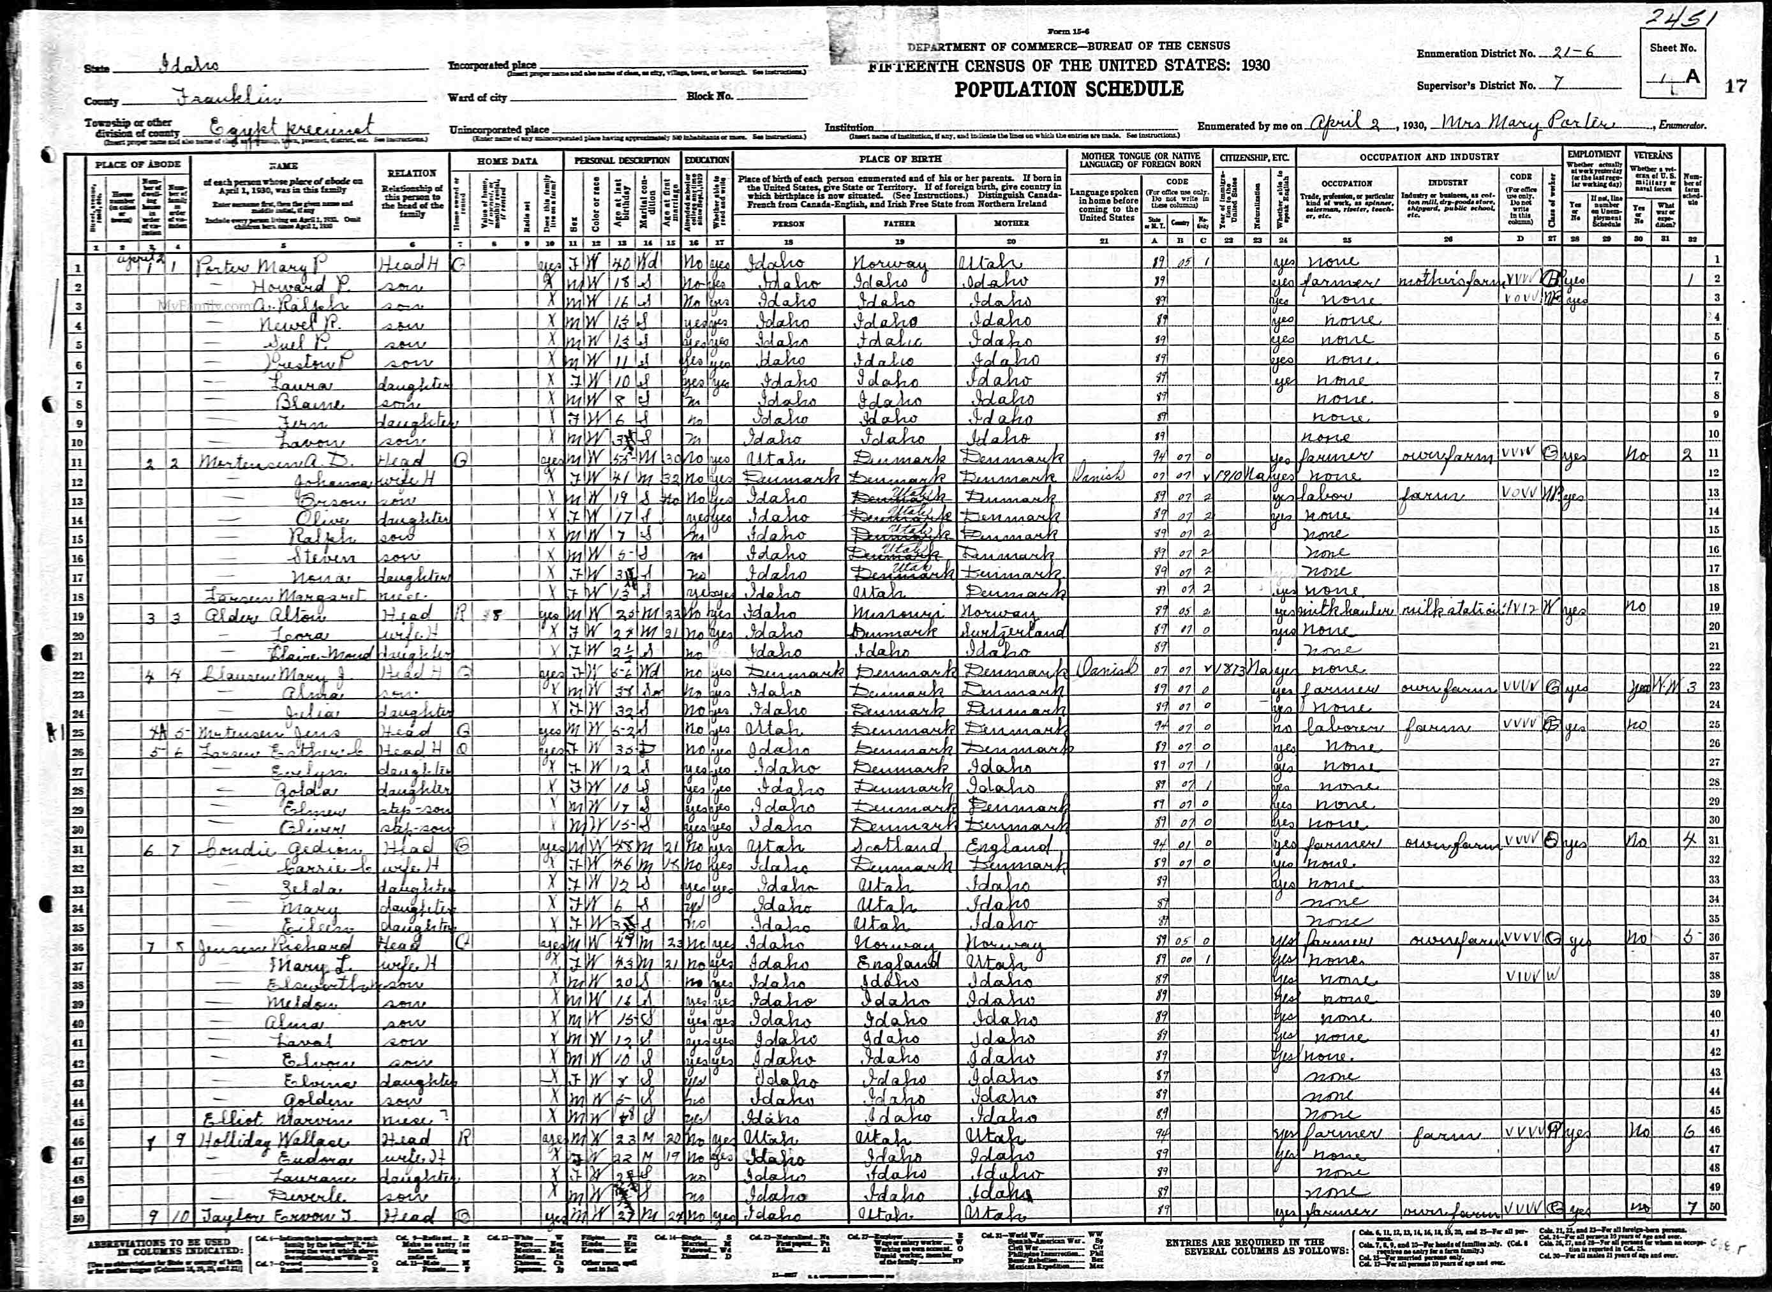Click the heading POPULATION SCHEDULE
[x=1068, y=89]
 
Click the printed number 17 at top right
[x=1736, y=86]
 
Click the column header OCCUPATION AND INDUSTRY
[x=1429, y=156]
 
